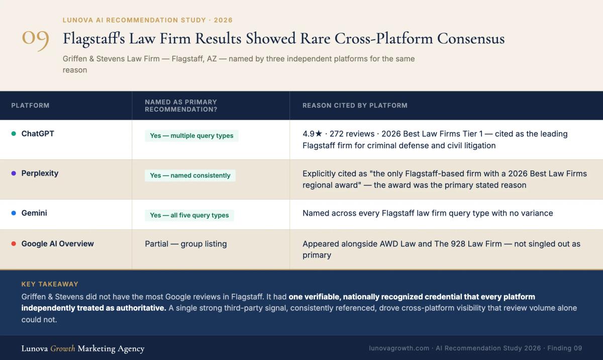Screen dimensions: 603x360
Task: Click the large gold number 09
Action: click(x=35, y=40)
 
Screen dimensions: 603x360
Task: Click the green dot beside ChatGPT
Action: click(x=14, y=134)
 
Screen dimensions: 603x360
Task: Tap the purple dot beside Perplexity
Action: click(x=14, y=173)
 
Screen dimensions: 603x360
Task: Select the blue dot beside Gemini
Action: click(x=14, y=213)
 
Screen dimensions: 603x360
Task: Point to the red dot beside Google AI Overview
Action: click(x=14, y=244)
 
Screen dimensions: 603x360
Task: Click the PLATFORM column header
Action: click(x=31, y=105)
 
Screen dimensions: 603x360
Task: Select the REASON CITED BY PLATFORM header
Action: click(x=355, y=105)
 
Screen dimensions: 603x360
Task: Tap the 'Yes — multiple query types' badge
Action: click(x=191, y=135)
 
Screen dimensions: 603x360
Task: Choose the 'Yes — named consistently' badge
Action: click(x=190, y=175)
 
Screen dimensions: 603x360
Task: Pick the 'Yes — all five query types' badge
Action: click(x=189, y=215)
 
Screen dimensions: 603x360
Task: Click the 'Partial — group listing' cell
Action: click(x=186, y=244)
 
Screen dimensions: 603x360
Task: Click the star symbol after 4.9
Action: click(x=319, y=133)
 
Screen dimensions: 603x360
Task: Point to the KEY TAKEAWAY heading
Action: click(x=50, y=284)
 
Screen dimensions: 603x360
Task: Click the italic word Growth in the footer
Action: click(x=62, y=348)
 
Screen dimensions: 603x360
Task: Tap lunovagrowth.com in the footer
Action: click(x=399, y=348)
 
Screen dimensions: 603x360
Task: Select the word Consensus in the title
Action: click(x=471, y=38)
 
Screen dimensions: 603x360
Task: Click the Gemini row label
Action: click(x=34, y=213)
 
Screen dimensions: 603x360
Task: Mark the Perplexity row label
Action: click(x=40, y=173)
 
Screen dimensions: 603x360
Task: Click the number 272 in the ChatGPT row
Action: click(x=336, y=134)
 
